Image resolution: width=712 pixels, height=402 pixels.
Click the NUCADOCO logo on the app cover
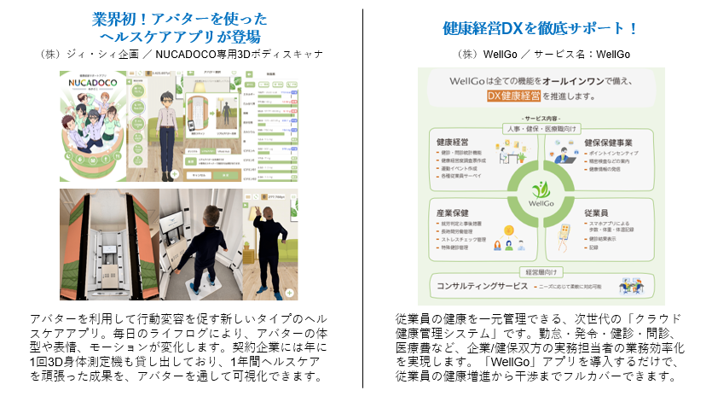(92, 88)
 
